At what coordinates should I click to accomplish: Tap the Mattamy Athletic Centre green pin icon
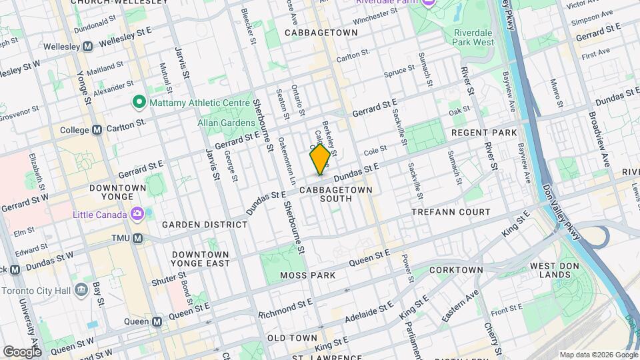[x=139, y=102]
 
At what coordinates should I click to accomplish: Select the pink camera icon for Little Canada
[x=138, y=214]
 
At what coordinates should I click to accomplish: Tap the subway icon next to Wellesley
[x=87, y=47]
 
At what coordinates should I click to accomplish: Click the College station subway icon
[x=97, y=129]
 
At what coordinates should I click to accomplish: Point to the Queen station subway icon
[x=157, y=321]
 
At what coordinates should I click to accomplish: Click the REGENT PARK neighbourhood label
[x=484, y=133]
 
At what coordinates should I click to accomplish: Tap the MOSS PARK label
[x=307, y=275]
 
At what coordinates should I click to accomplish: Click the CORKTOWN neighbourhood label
[x=456, y=270]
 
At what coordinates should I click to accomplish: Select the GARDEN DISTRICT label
[x=204, y=225]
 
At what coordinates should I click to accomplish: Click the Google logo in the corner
[x=22, y=351]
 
